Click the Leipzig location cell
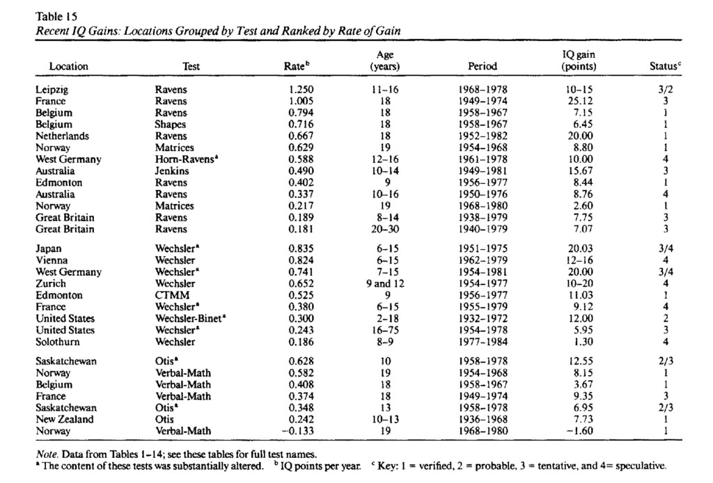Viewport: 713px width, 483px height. click(52, 90)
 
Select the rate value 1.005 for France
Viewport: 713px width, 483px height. click(301, 101)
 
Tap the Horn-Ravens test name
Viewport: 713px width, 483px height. click(184, 159)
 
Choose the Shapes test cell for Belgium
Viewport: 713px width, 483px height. click(170, 125)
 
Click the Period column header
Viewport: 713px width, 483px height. click(483, 67)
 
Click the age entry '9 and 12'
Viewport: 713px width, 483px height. click(385, 283)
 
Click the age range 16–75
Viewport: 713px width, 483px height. click(385, 330)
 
